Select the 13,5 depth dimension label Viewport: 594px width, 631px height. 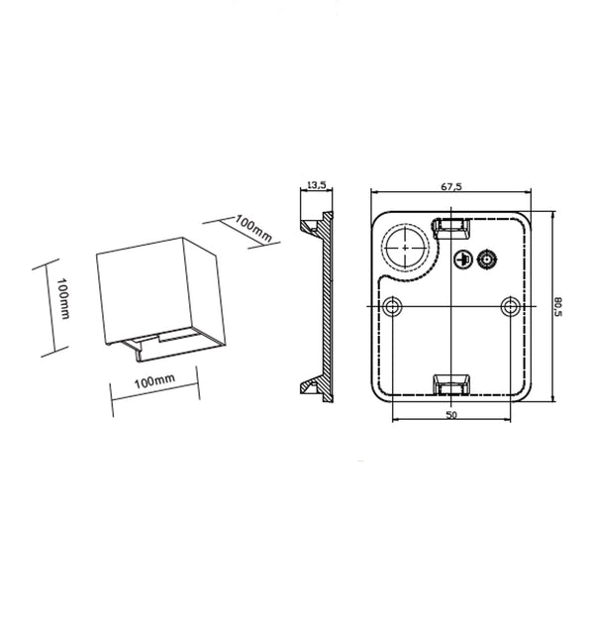coord(316,184)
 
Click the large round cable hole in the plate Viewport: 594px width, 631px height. coord(405,245)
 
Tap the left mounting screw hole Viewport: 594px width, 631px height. coord(395,304)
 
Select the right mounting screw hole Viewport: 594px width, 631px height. coord(509,304)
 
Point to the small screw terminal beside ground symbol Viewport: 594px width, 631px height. coord(486,260)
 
